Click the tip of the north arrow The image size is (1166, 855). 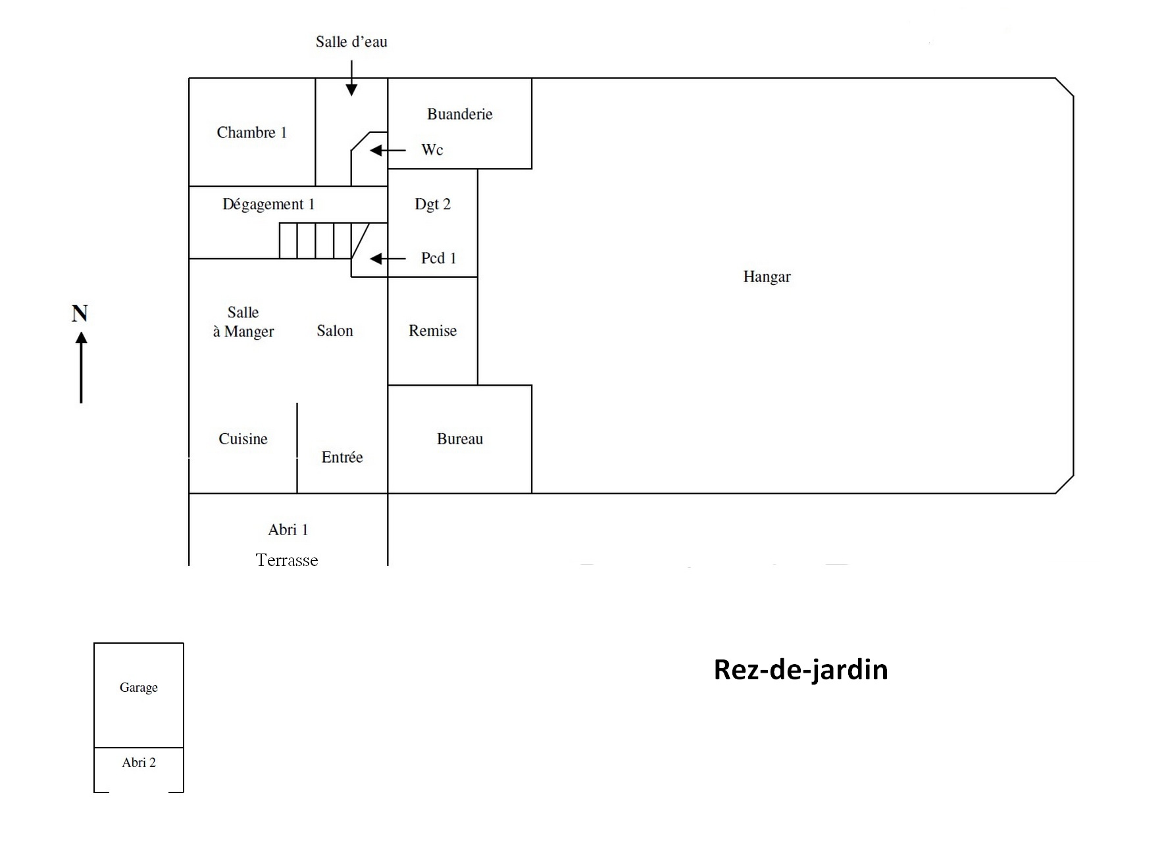[81, 332]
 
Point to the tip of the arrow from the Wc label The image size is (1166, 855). [370, 151]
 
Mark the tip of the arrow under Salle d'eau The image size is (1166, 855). [351, 96]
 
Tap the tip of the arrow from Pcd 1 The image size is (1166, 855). [370, 259]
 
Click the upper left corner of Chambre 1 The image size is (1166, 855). [189, 78]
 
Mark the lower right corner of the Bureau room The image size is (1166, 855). [532, 493]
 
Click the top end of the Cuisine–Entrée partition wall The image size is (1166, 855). [297, 403]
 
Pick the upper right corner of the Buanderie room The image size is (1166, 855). [532, 78]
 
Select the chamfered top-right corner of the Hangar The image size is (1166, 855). [1065, 88]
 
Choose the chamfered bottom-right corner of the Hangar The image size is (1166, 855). [1065, 484]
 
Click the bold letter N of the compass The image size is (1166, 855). [80, 313]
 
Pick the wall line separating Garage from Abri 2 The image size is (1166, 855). [139, 748]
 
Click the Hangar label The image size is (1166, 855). [767, 276]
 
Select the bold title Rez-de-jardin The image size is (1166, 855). [801, 669]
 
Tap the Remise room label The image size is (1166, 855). [432, 330]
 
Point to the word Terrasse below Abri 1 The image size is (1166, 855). [287, 560]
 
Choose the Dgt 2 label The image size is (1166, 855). [432, 205]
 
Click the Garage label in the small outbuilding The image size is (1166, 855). [138, 688]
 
